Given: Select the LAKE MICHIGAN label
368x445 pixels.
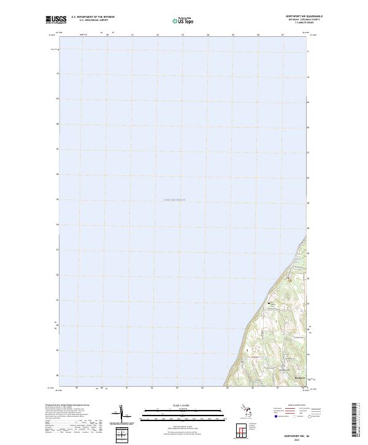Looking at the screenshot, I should coord(174,200).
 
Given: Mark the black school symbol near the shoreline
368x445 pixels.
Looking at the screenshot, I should coord(268,303).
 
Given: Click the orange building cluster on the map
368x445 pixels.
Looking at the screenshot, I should coord(289,281).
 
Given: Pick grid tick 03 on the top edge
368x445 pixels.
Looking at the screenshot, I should coord(183,35).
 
